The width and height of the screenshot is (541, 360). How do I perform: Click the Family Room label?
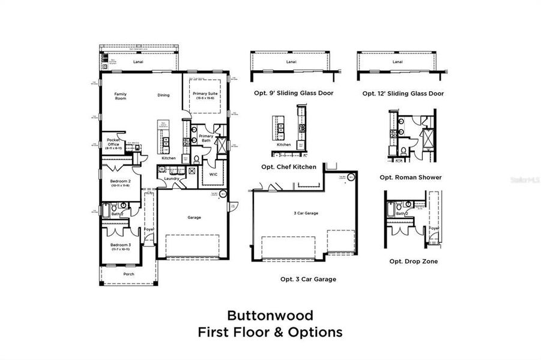point(121,97)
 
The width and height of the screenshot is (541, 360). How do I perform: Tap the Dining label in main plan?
point(163,95)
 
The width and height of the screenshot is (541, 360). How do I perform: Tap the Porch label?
point(128,274)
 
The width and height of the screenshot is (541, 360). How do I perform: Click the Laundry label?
point(172,178)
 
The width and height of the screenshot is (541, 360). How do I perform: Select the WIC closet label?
point(213,174)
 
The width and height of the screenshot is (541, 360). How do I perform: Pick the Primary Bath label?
point(206,138)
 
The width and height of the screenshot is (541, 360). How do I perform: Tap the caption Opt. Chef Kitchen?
point(289,167)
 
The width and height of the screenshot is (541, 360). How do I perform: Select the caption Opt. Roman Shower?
point(411,177)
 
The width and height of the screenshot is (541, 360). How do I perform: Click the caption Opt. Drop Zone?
point(413,261)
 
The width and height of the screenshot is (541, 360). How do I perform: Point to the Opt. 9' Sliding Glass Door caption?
point(292,93)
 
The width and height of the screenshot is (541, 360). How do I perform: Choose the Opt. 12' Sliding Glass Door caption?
point(403,93)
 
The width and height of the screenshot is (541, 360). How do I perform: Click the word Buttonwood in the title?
point(270,315)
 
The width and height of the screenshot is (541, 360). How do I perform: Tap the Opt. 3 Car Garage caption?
point(308,279)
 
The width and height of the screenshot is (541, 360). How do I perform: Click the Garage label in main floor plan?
point(194,217)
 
